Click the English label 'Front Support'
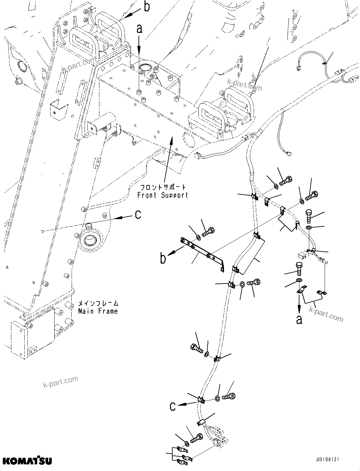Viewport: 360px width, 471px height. click(x=162, y=195)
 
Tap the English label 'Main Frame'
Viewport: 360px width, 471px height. click(x=98, y=311)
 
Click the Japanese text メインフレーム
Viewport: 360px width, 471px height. click(x=98, y=303)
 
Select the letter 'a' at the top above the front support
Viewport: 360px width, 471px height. click(x=139, y=29)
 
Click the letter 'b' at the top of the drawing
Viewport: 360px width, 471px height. click(x=147, y=7)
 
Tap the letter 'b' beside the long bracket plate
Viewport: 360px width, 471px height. click(x=163, y=259)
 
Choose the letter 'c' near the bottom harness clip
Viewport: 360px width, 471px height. click(x=172, y=406)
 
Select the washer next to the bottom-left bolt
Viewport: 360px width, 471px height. click(x=186, y=444)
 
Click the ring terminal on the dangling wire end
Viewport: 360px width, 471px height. click(x=288, y=154)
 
